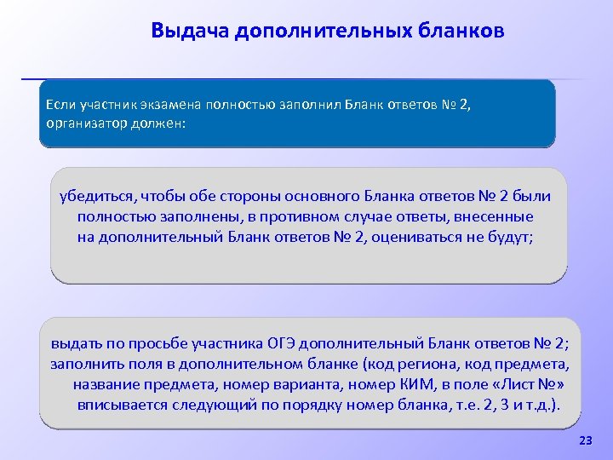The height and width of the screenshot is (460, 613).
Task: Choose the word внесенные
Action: (x=498, y=216)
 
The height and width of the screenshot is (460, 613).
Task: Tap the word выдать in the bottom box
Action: (x=75, y=344)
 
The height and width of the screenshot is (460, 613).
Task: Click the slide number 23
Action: (x=585, y=440)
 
